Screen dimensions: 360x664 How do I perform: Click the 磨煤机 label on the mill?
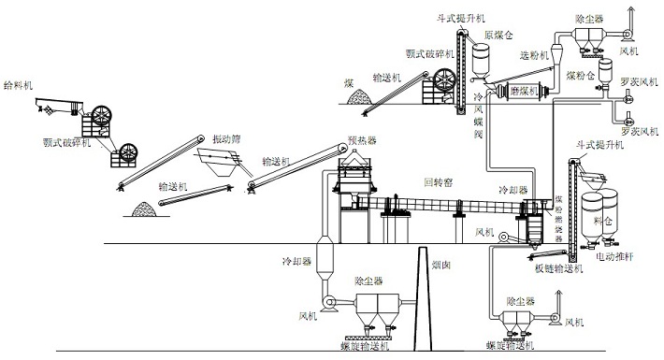tap(526, 92)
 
